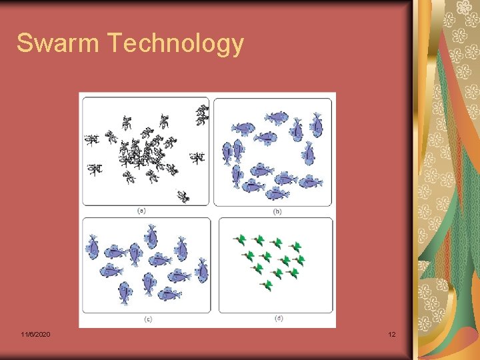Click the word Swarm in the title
click(x=57, y=43)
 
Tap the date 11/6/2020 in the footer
click(x=35, y=334)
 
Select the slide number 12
click(x=392, y=334)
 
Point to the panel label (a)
click(x=141, y=211)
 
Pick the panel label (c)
click(x=147, y=319)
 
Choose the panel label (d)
click(x=278, y=318)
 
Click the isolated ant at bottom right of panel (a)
click(x=183, y=196)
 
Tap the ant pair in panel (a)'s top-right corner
click(x=201, y=115)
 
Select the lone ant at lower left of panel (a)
click(x=95, y=169)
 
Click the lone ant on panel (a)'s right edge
click(x=197, y=159)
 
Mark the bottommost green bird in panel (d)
click(x=267, y=285)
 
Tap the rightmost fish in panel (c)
click(x=201, y=272)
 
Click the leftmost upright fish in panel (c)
click(x=93, y=247)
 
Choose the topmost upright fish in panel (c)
click(x=151, y=236)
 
